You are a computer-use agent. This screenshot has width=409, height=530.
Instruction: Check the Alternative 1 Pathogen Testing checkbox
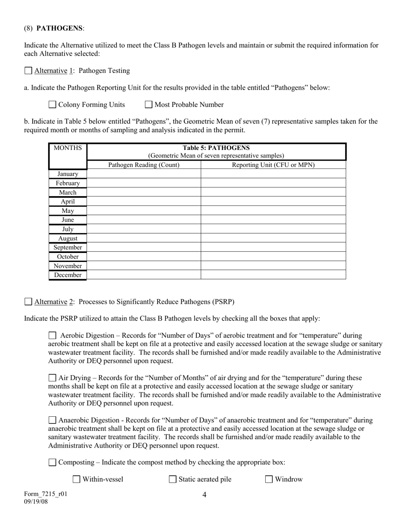coord(28,71)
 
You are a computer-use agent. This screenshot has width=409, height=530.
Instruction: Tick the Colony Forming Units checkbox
coord(53,104)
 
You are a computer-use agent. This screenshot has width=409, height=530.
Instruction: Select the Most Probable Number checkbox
coord(149,104)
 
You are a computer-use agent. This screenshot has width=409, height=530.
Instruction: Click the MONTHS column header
coord(68,148)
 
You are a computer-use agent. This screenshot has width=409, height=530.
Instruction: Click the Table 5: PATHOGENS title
coord(216,148)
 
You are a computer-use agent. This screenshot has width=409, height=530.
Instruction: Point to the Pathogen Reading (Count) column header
coord(144,165)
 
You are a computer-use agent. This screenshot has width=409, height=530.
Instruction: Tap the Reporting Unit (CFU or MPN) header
coord(273,165)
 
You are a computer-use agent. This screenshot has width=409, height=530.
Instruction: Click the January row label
coord(68,174)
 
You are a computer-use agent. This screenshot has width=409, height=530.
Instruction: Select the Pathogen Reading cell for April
coord(144,201)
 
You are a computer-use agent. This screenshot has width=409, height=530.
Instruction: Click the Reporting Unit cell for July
coord(273,229)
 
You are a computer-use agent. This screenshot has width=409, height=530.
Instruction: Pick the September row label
coord(68,247)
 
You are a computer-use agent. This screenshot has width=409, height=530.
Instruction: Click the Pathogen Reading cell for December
coord(144,275)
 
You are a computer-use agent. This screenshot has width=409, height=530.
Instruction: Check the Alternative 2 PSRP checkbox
coord(28,302)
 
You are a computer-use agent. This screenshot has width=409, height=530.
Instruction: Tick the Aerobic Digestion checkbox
coord(53,335)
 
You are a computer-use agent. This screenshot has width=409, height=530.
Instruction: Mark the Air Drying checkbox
coord(53,378)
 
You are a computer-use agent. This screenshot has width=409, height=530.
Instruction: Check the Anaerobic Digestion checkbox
coord(53,420)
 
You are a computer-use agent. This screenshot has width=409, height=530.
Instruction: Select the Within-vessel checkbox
coord(77,479)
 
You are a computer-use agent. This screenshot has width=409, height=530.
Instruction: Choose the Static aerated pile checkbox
coord(173,479)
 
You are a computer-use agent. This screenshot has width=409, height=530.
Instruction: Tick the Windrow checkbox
coord(269,479)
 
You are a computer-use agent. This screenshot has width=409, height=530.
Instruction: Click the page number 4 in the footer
coord(204,495)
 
